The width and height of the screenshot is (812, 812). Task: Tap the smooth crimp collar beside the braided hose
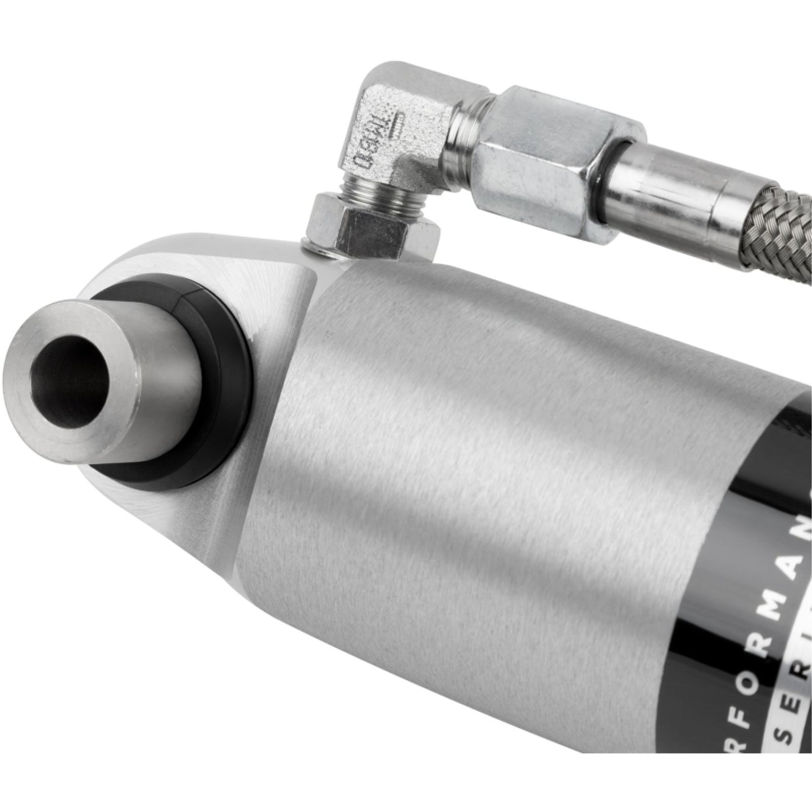point(663,185)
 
